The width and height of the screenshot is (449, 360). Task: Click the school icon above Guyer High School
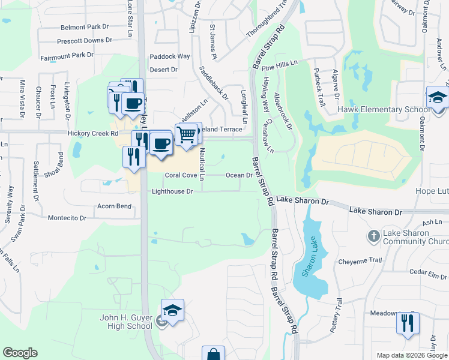tap(172, 310)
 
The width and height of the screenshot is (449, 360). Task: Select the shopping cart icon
tap(187, 134)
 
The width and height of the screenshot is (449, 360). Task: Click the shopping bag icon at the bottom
tap(212, 355)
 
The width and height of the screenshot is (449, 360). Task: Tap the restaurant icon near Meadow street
tap(408, 323)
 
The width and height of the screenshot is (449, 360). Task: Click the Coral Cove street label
tap(181, 175)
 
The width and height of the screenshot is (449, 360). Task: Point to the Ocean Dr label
tap(238, 175)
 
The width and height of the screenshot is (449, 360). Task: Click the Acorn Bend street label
tap(114, 206)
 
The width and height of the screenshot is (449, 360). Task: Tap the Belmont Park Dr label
tap(85, 28)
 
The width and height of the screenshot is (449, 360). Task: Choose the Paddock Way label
tap(169, 56)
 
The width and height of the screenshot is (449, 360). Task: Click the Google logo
tap(20, 353)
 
